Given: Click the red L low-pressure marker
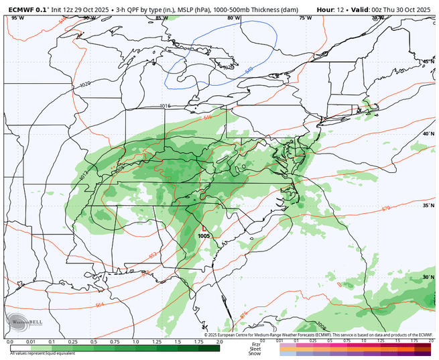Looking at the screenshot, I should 204,228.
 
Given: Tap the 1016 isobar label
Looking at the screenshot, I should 166,106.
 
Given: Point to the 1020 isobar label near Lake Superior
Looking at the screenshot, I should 84,85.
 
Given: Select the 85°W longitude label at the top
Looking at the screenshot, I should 162,18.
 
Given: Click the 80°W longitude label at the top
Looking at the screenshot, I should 233,18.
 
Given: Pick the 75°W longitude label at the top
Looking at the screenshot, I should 305,18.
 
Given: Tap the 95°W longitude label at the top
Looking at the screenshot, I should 17,18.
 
